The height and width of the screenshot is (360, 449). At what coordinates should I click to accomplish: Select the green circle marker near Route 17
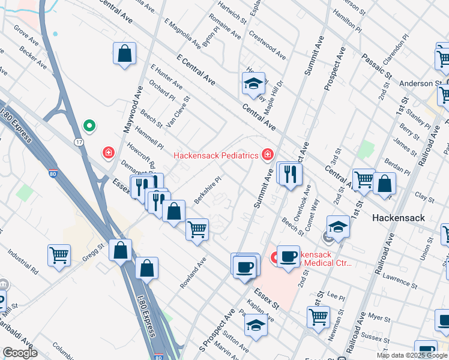(x=89, y=126)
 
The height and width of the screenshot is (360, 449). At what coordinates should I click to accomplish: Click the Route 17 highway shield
(x=79, y=142)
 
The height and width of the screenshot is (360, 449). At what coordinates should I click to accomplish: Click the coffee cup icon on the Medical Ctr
(x=288, y=256)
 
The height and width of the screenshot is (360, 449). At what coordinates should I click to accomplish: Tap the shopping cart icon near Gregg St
(x=59, y=255)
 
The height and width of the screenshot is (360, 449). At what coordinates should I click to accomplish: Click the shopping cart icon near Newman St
(x=318, y=316)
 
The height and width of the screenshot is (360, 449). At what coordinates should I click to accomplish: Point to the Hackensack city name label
(x=399, y=218)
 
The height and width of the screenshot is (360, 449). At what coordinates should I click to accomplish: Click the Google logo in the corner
(x=20, y=353)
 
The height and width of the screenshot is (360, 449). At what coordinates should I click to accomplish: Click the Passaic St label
(x=376, y=67)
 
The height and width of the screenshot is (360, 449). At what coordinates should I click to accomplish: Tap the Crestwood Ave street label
(x=267, y=44)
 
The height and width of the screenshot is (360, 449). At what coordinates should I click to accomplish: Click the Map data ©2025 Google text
(x=412, y=355)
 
